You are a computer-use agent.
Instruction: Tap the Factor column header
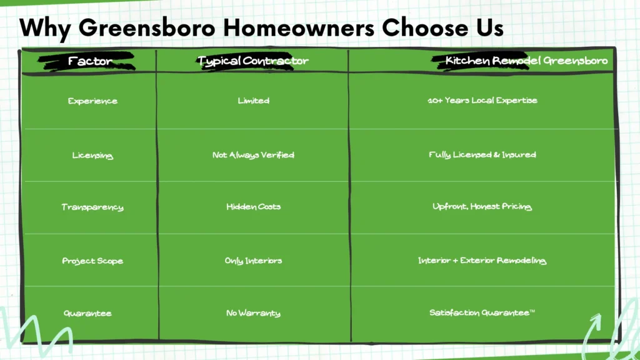click(91, 61)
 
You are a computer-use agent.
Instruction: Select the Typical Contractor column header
click(252, 61)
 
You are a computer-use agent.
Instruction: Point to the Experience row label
click(92, 101)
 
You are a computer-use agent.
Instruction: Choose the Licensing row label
click(92, 156)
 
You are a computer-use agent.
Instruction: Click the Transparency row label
click(92, 207)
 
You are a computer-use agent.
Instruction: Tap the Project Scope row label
click(92, 261)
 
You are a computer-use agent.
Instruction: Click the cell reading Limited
click(253, 101)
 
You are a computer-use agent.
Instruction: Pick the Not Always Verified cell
click(253, 155)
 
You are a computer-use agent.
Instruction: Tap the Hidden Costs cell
click(253, 207)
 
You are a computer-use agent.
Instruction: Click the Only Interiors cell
click(253, 261)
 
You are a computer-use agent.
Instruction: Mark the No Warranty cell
click(253, 313)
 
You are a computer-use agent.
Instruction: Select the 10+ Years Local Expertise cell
click(482, 101)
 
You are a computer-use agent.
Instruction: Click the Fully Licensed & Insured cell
click(482, 155)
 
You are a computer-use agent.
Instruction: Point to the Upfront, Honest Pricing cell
click(482, 207)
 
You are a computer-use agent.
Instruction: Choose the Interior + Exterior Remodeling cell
click(482, 261)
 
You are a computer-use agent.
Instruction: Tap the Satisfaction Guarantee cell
click(482, 313)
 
